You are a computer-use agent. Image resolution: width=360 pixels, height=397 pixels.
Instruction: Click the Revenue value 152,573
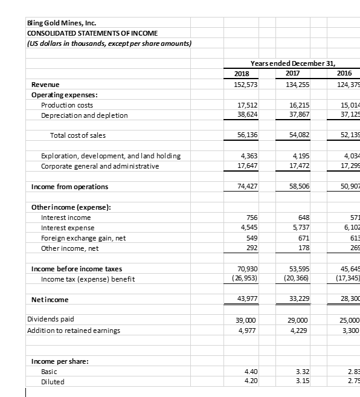pos(246,85)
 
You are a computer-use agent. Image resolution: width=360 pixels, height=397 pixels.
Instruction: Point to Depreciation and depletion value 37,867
pos(298,115)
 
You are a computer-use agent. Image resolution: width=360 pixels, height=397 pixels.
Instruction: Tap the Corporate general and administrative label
pos(100,166)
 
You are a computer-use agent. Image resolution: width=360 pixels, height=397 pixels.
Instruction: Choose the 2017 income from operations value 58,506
pos(298,187)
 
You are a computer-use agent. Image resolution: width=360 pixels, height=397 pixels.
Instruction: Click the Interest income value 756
pos(251,218)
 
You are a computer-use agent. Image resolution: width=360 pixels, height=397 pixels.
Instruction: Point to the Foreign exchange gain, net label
pos(83,238)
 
